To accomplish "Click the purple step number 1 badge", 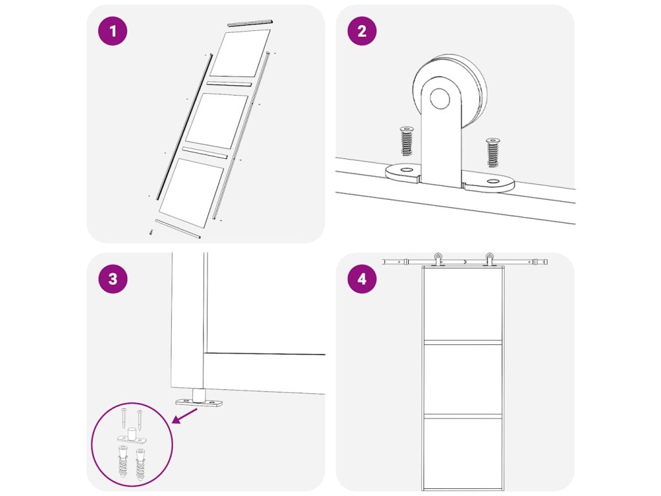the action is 112,31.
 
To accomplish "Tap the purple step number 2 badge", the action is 362,31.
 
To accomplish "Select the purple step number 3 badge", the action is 112,279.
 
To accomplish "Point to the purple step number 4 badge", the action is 362,279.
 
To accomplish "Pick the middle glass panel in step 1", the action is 217,121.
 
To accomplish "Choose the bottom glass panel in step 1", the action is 191,192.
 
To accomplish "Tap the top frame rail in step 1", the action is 250,23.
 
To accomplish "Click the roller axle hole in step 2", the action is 440,98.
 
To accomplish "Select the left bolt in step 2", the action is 407,141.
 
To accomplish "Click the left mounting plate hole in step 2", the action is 407,170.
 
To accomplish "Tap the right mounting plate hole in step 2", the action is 493,181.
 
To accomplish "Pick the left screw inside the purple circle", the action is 124,418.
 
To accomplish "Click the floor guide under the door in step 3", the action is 199,399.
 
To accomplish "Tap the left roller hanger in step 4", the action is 438,259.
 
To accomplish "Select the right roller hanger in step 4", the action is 489,259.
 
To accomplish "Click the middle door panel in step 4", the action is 463,378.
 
